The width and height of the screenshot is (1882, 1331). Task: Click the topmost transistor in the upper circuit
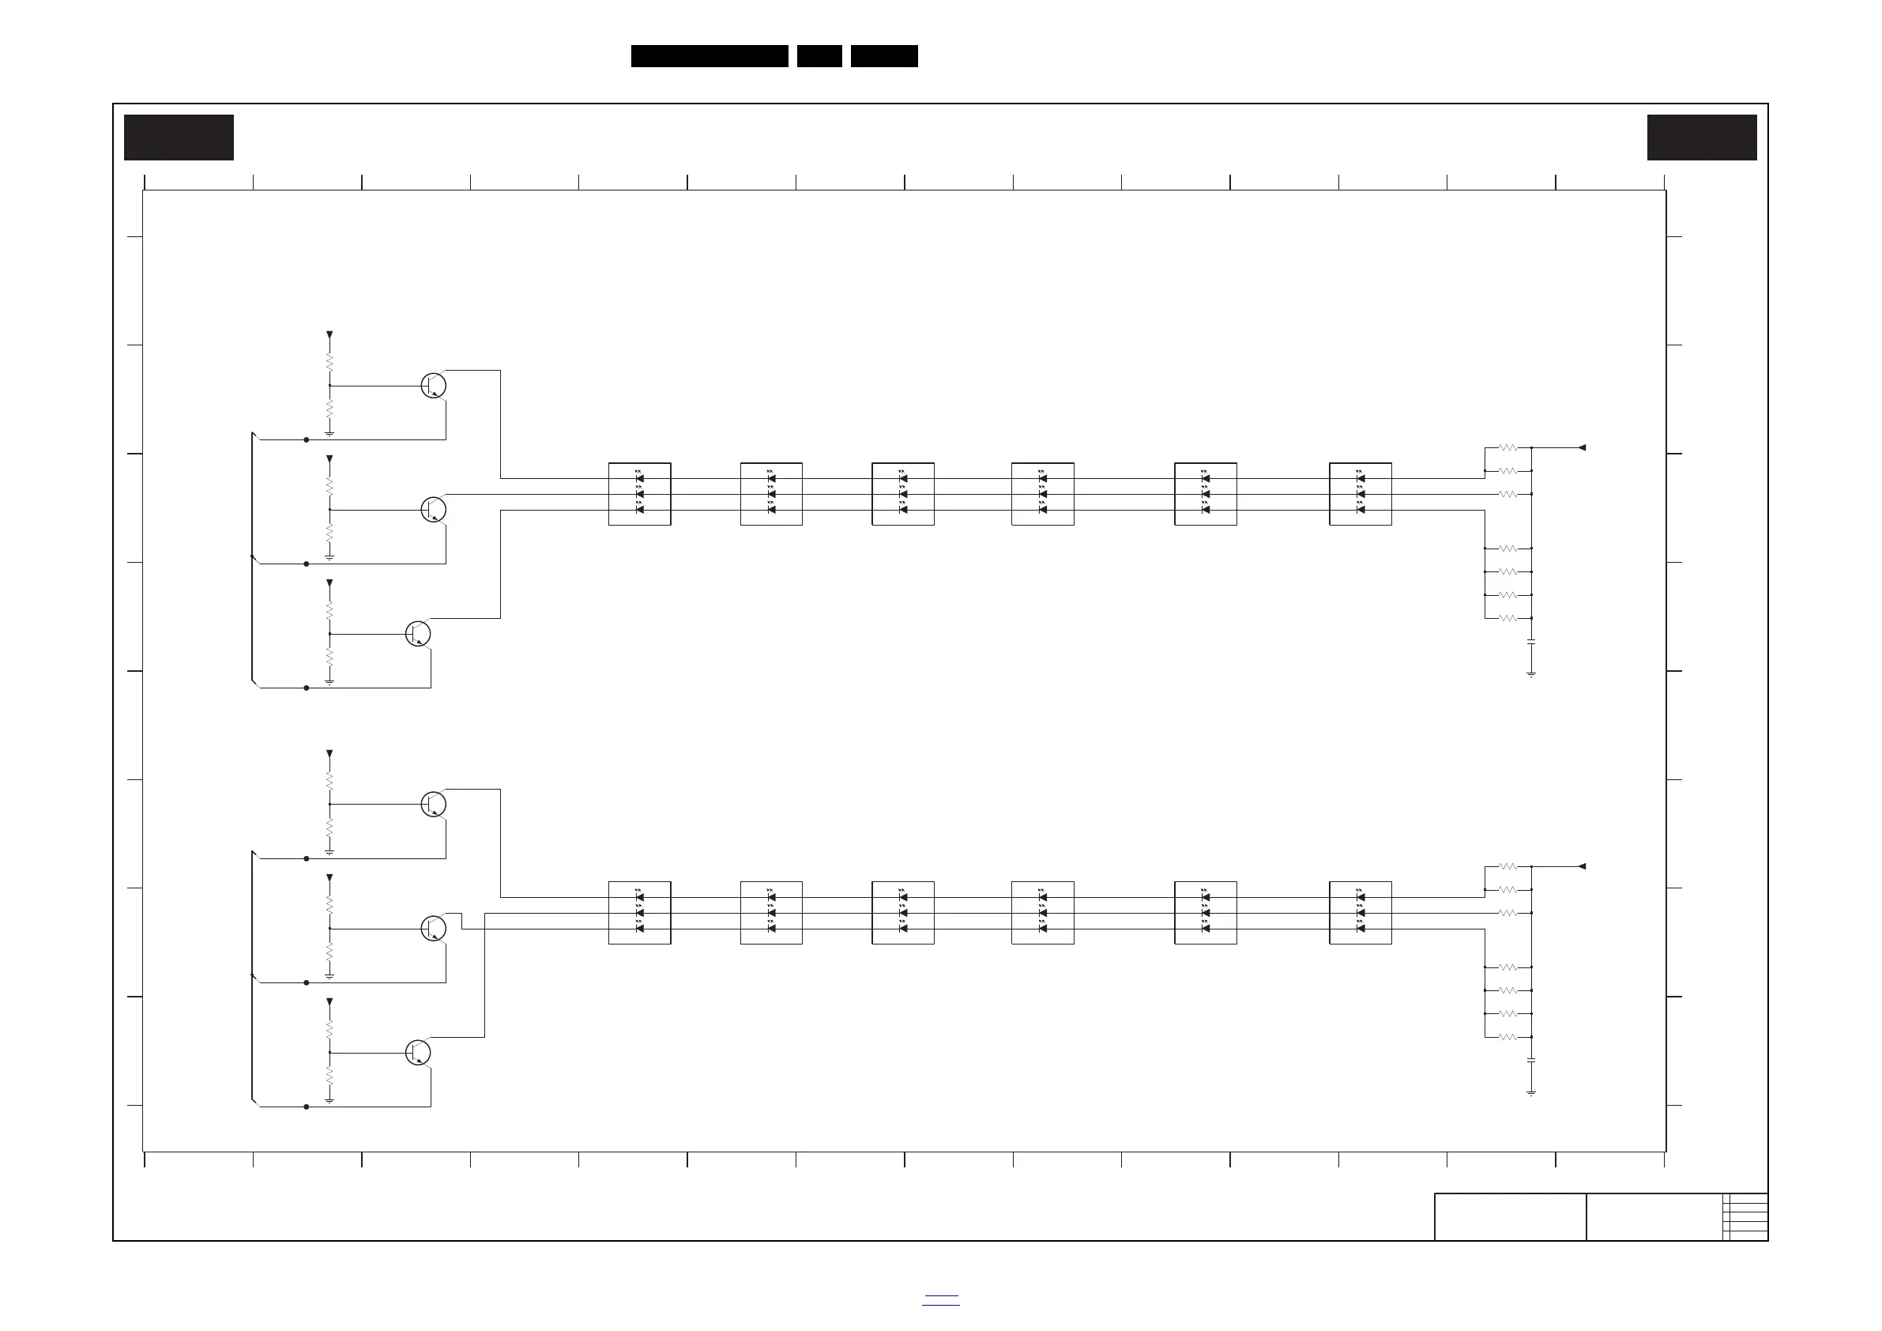click(x=434, y=386)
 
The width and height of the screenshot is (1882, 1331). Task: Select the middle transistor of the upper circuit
click(x=434, y=509)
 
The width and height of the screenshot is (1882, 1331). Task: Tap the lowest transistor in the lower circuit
click(x=418, y=1052)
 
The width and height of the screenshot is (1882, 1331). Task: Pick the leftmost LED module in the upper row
click(x=639, y=494)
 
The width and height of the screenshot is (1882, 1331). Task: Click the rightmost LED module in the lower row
click(x=1360, y=913)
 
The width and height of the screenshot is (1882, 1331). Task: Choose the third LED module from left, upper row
click(x=902, y=494)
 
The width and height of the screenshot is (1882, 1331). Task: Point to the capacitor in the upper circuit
click(x=1530, y=642)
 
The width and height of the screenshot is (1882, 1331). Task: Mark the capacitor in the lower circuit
click(x=1530, y=1061)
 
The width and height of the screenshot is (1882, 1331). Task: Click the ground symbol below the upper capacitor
click(x=1530, y=674)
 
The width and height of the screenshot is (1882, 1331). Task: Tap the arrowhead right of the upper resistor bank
click(x=1582, y=448)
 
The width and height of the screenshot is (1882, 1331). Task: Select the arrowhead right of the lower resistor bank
click(x=1582, y=866)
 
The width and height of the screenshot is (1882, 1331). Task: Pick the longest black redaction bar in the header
click(x=709, y=56)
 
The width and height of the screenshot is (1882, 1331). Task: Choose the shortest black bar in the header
click(x=819, y=56)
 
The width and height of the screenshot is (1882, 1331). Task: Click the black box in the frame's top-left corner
click(x=179, y=138)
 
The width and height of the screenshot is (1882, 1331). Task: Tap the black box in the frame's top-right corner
click(x=1702, y=138)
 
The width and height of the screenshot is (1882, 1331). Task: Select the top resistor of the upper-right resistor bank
click(x=1508, y=448)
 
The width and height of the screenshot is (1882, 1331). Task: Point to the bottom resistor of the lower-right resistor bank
click(x=1508, y=1038)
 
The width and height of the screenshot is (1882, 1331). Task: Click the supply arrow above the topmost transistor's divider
click(x=329, y=335)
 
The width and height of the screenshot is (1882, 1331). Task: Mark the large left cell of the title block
click(x=1510, y=1217)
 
